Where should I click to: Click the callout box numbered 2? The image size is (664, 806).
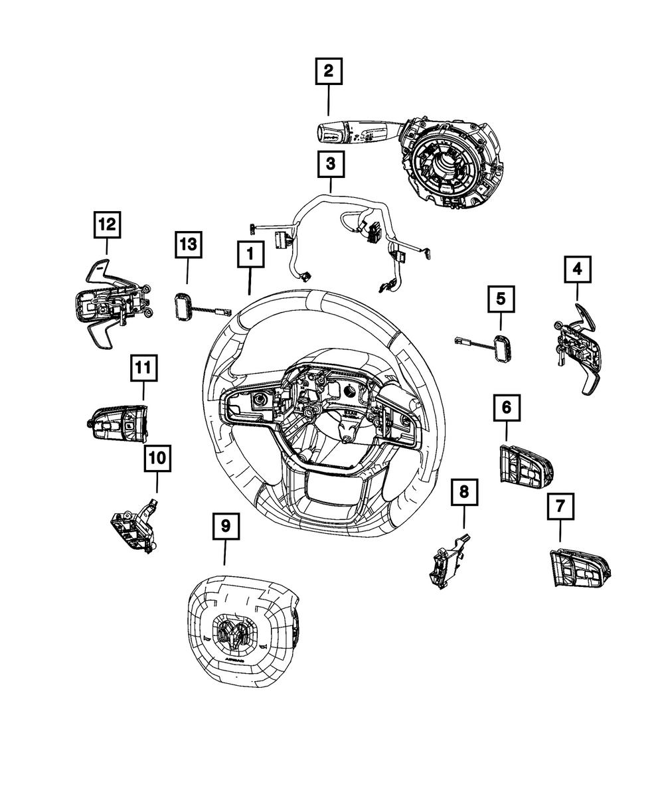pyautogui.click(x=329, y=72)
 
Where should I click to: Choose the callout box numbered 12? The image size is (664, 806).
pyautogui.click(x=107, y=225)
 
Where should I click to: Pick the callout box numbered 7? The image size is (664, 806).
pyautogui.click(x=560, y=507)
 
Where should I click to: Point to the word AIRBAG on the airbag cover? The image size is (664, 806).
pyautogui.click(x=232, y=662)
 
